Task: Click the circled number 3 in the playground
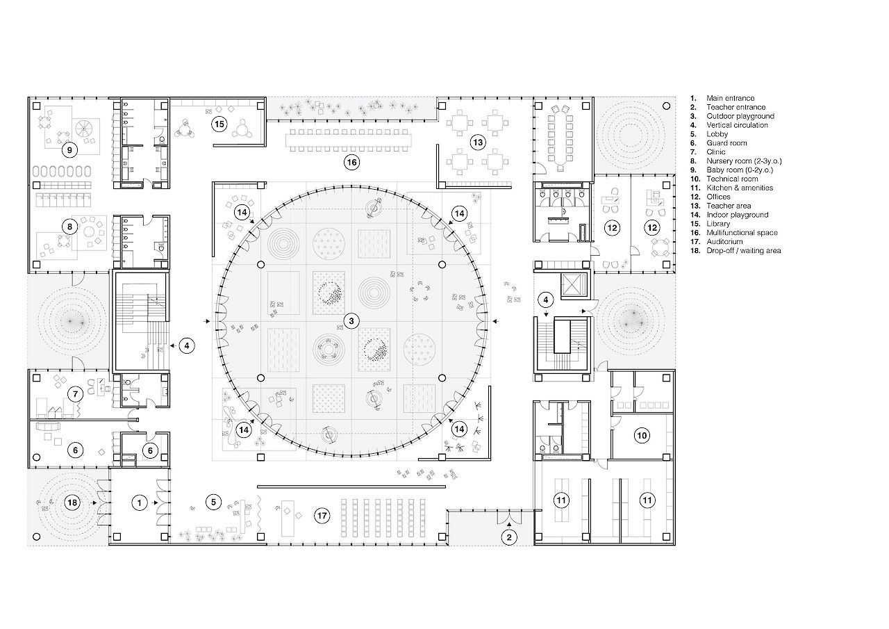pyautogui.click(x=351, y=321)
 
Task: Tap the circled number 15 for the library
pyautogui.click(x=219, y=124)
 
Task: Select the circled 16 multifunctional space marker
pyautogui.click(x=351, y=162)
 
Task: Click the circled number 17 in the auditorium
pyautogui.click(x=322, y=516)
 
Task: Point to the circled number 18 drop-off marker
pyautogui.click(x=72, y=503)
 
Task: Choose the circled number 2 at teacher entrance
pyautogui.click(x=509, y=538)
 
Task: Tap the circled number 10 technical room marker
pyautogui.click(x=642, y=436)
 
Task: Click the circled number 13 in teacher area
pyautogui.click(x=478, y=142)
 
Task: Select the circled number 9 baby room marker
pyautogui.click(x=70, y=150)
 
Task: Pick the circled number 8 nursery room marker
pyautogui.click(x=70, y=227)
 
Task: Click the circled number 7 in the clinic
pyautogui.click(x=76, y=394)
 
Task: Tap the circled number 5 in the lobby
pyautogui.click(x=213, y=503)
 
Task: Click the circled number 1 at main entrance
pyautogui.click(x=140, y=503)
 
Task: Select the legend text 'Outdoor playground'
pyautogui.click(x=740, y=116)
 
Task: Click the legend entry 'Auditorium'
pyautogui.click(x=724, y=241)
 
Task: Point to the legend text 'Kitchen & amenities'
pyautogui.click(x=740, y=188)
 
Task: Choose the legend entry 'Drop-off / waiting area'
pyautogui.click(x=743, y=251)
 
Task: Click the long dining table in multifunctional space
pyautogui.click(x=349, y=140)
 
